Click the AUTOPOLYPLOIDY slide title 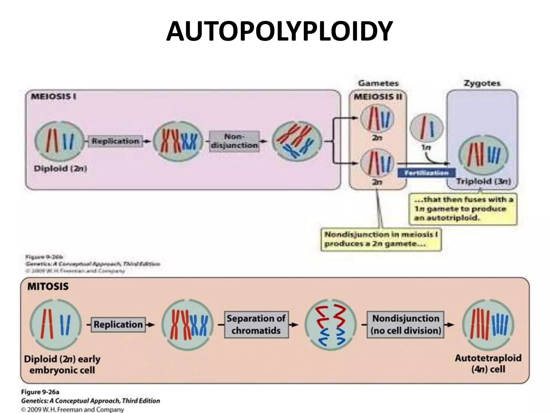pyautogui.click(x=279, y=32)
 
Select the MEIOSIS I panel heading pyautogui.click(x=53, y=97)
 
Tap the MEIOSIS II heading pyautogui.click(x=378, y=97)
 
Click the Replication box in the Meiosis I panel pyautogui.click(x=115, y=141)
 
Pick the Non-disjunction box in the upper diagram pyautogui.click(x=234, y=141)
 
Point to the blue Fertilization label pyautogui.click(x=426, y=173)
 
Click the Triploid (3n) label pyautogui.click(x=483, y=181)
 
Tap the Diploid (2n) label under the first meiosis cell pyautogui.click(x=60, y=169)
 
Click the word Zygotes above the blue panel pyautogui.click(x=482, y=83)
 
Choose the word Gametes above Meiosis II pyautogui.click(x=378, y=83)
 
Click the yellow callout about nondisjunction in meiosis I pyautogui.click(x=381, y=239)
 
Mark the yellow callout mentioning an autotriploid pyautogui.click(x=463, y=209)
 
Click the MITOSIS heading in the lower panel pyautogui.click(x=48, y=286)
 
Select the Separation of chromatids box pyautogui.click(x=256, y=324)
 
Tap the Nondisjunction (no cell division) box pyautogui.click(x=406, y=324)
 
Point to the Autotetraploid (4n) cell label pyautogui.click(x=488, y=364)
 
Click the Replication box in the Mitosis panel pyautogui.click(x=118, y=325)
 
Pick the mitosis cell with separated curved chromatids pyautogui.click(x=330, y=325)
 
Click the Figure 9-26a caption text pyautogui.click(x=40, y=392)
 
